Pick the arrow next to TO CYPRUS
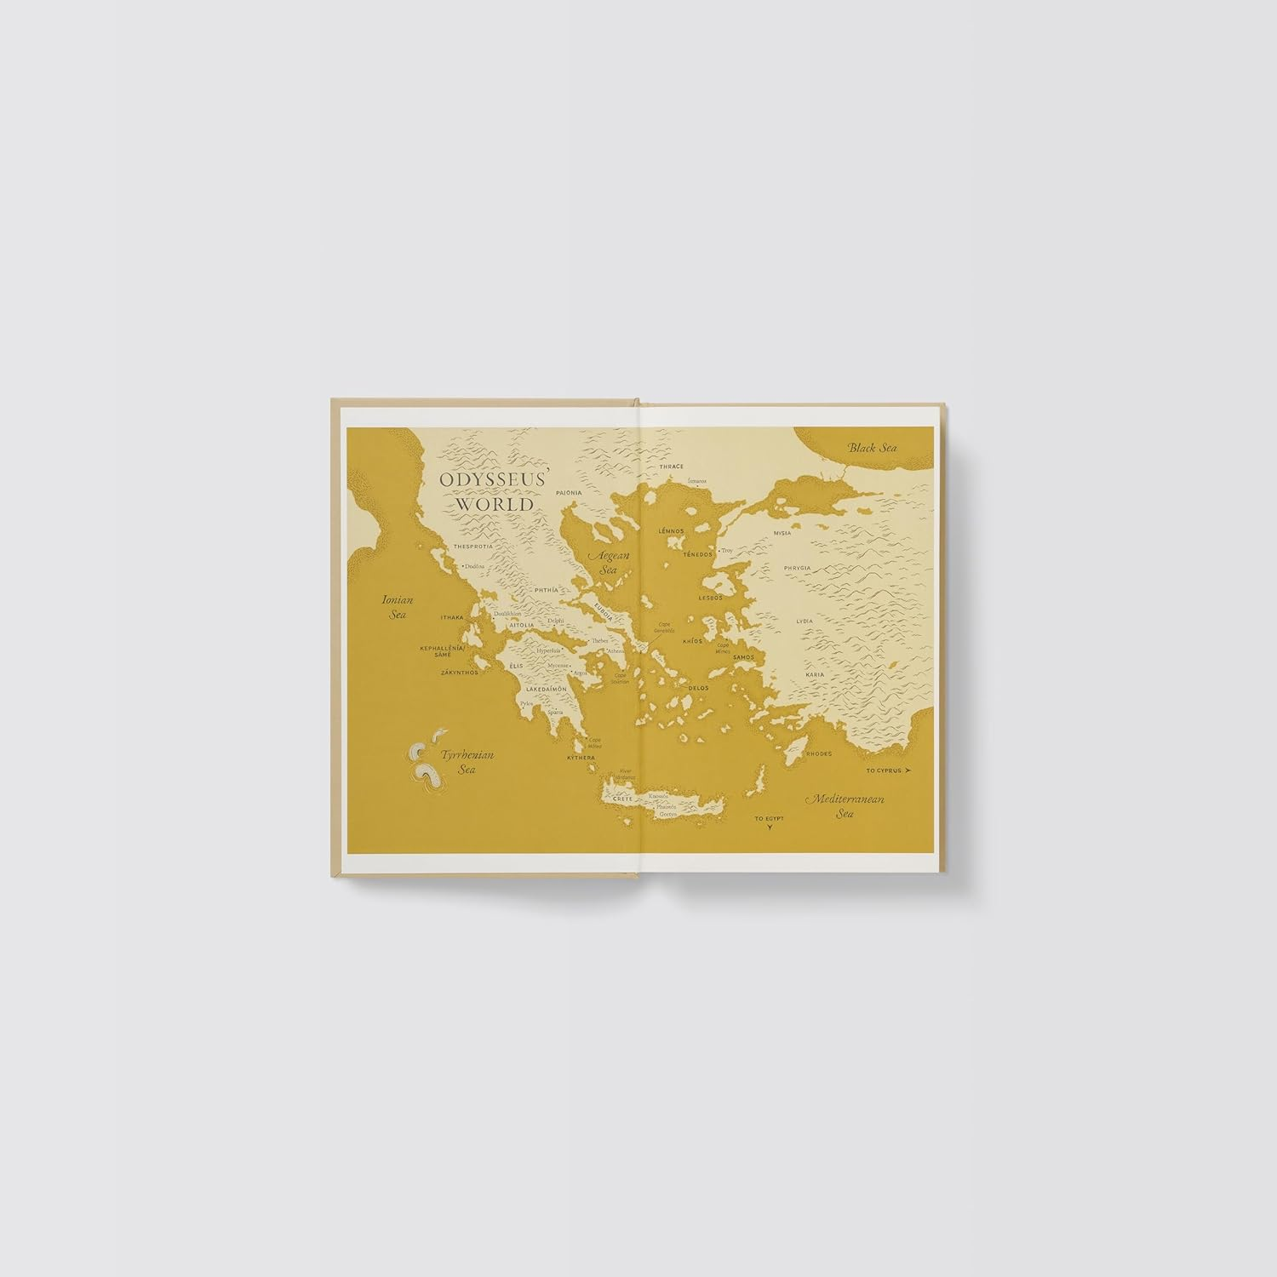click(908, 770)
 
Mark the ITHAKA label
click(452, 617)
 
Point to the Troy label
click(727, 551)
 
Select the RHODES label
click(818, 753)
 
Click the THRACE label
click(672, 467)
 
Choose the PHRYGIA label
click(797, 567)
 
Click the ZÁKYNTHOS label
click(460, 673)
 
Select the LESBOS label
click(710, 598)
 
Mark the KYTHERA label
click(582, 758)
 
